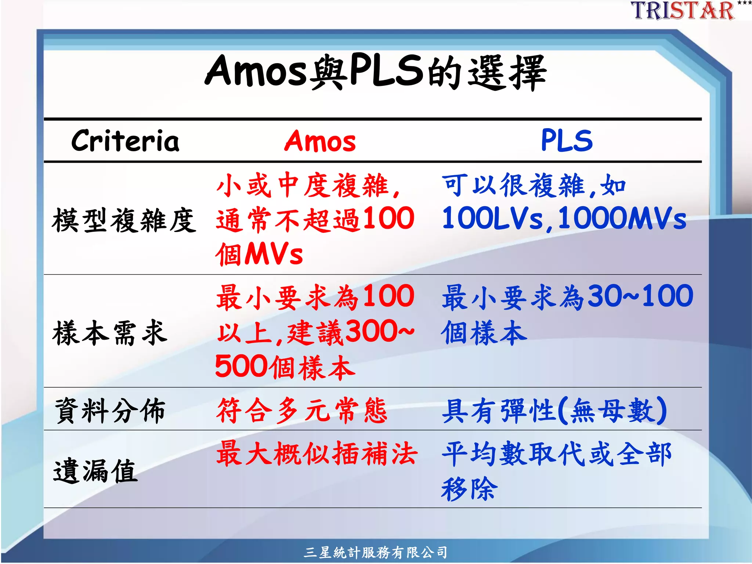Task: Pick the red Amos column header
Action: (320, 141)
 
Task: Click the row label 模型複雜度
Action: (124, 220)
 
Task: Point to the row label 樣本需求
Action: (110, 333)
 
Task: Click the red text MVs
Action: (274, 254)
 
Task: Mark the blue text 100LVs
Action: (492, 218)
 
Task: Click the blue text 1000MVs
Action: (622, 218)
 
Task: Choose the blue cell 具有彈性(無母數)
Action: (554, 411)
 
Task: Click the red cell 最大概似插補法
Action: (317, 453)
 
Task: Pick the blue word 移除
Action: (469, 489)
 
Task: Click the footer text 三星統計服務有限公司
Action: (376, 552)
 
